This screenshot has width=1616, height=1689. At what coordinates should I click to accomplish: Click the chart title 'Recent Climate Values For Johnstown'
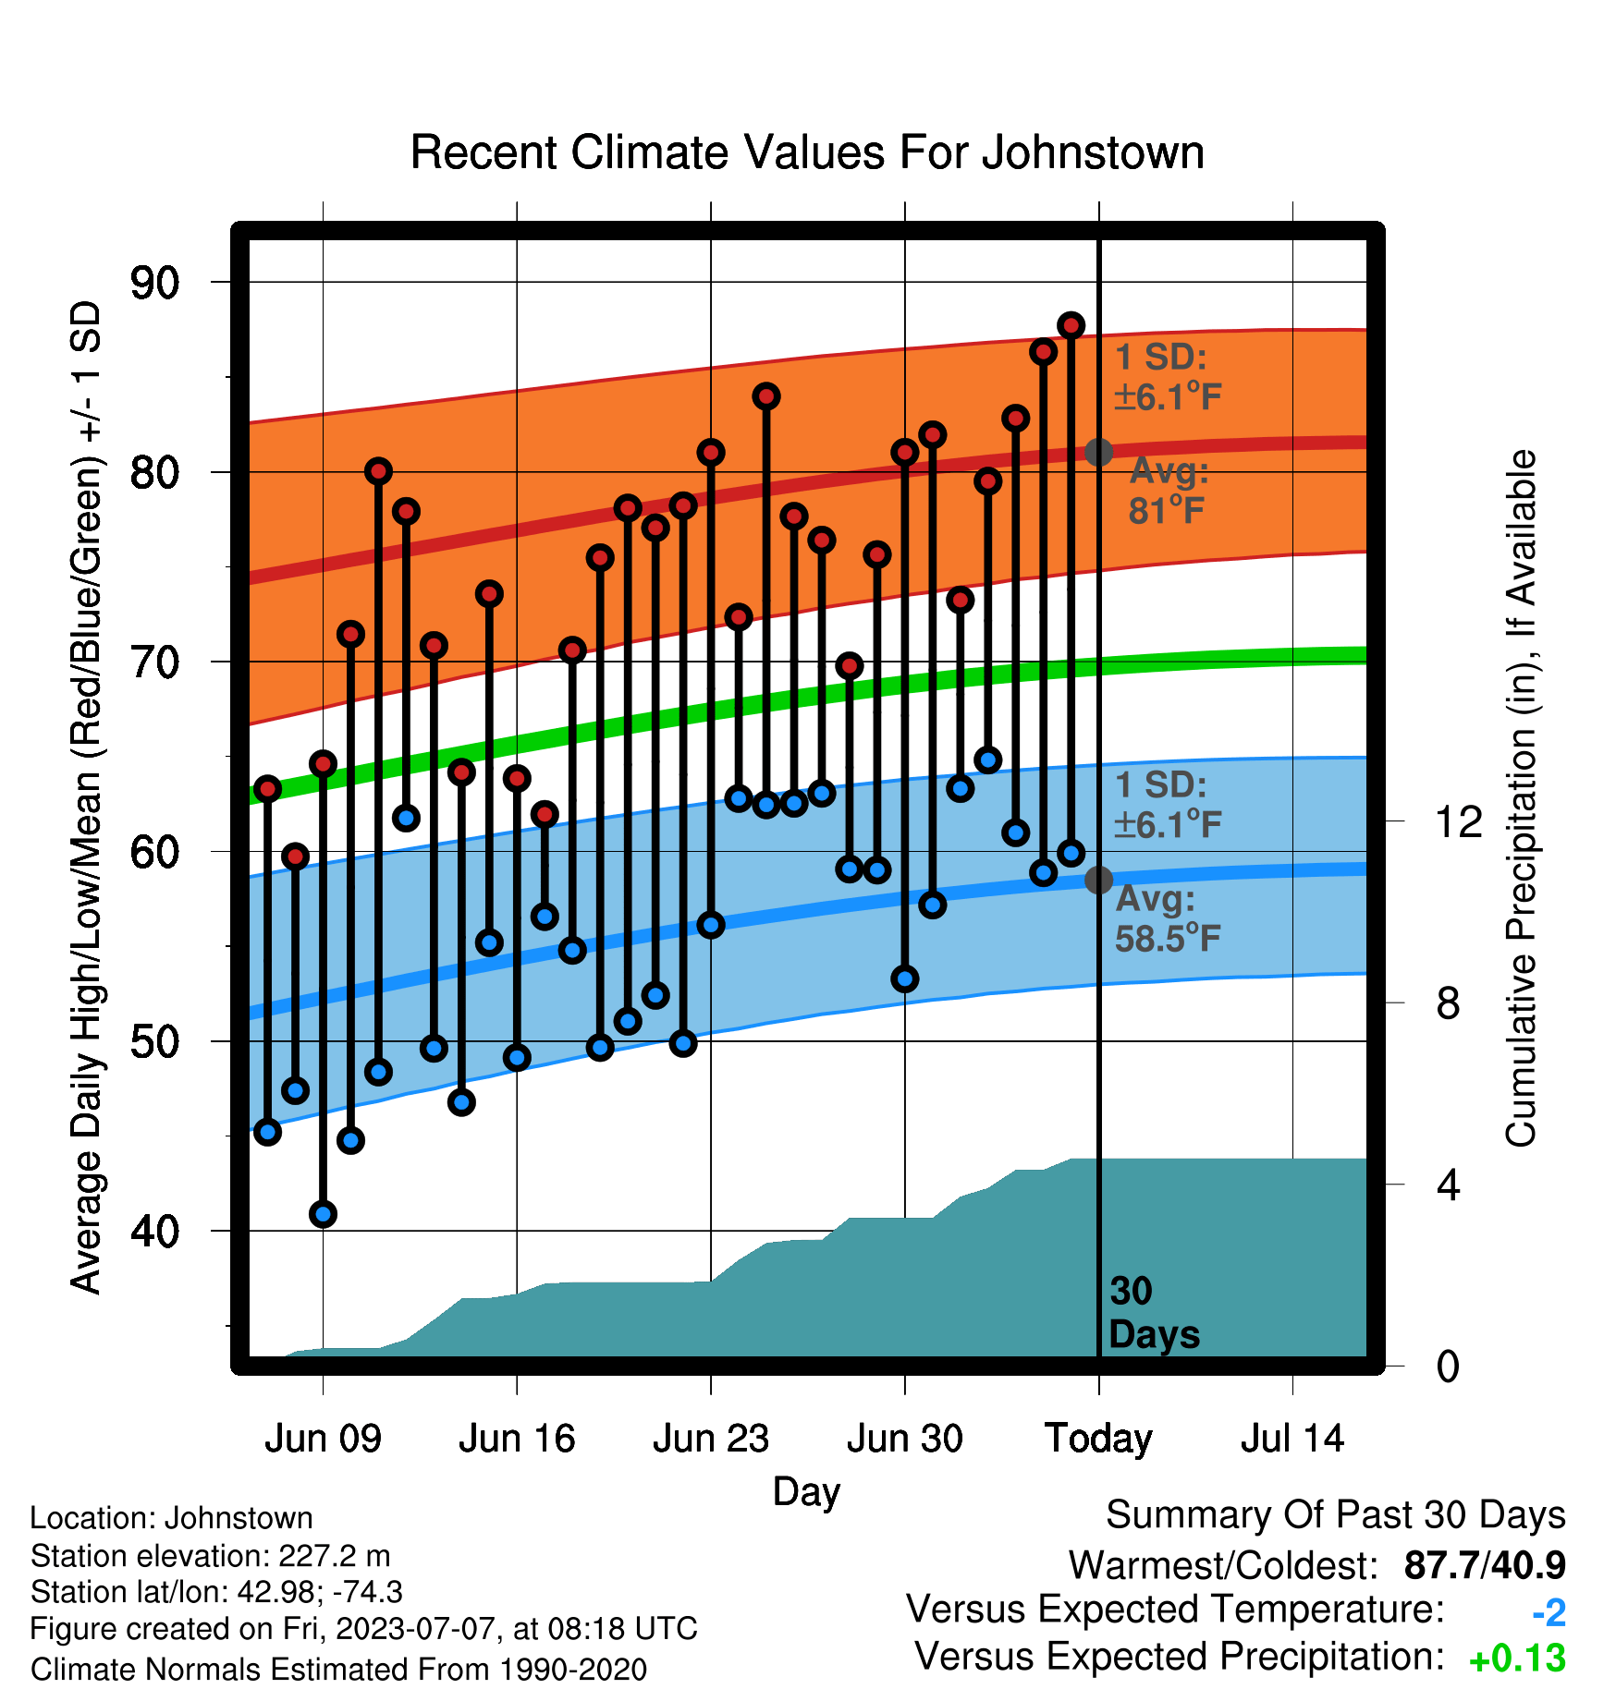(807, 152)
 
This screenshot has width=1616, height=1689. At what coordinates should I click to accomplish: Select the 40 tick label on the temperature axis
(154, 1232)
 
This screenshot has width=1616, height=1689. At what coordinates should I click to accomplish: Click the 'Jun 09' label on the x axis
(323, 1439)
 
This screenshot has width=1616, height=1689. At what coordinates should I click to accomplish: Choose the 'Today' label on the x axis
(1098, 1440)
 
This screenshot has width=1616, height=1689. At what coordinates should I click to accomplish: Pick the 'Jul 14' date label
(1292, 1439)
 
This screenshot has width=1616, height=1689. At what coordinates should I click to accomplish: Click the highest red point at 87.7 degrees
(1071, 325)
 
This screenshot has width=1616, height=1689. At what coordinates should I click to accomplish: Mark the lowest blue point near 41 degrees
(323, 1214)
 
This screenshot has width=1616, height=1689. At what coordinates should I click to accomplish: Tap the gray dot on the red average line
(1098, 452)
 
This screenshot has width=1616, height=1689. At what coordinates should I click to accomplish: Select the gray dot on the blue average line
(1098, 880)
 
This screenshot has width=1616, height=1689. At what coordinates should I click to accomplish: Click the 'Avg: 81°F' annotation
(1169, 491)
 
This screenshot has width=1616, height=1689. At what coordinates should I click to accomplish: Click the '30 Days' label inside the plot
(1154, 1313)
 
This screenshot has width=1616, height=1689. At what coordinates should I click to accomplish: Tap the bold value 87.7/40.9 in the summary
(1485, 1565)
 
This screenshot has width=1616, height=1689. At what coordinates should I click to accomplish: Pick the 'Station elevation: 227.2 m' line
(210, 1556)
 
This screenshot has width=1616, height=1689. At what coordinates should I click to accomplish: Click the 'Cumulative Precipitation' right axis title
(1521, 798)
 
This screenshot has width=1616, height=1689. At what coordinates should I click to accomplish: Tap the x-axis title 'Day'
(806, 1492)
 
